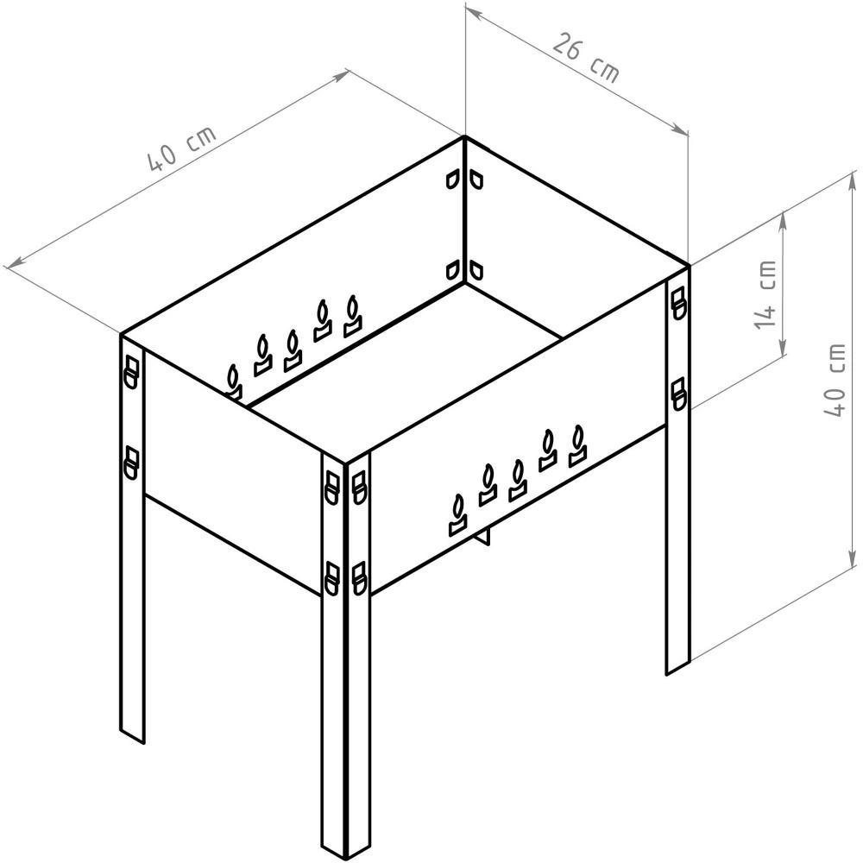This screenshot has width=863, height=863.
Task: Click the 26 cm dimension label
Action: pos(586,58)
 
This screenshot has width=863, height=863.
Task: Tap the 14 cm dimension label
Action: pos(765,295)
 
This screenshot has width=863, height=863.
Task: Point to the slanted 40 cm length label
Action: pos(182,148)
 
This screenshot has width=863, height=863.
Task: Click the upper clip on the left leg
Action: pos(131,372)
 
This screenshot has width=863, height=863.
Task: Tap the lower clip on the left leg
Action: pos(131,463)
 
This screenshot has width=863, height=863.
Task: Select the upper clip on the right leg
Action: pos(679,302)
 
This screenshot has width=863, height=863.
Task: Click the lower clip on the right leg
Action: pos(679,394)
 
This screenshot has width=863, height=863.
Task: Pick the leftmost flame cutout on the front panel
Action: pos(458,515)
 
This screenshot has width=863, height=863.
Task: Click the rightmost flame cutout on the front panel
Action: pos(577,446)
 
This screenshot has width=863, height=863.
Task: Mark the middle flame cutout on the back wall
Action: pos(293,350)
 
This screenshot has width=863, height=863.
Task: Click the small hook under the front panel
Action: pos(483,536)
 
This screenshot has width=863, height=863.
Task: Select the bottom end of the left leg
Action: pos(132,736)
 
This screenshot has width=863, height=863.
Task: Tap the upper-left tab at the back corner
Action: pos(452,180)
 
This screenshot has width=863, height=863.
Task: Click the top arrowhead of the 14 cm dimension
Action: pos(782,218)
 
